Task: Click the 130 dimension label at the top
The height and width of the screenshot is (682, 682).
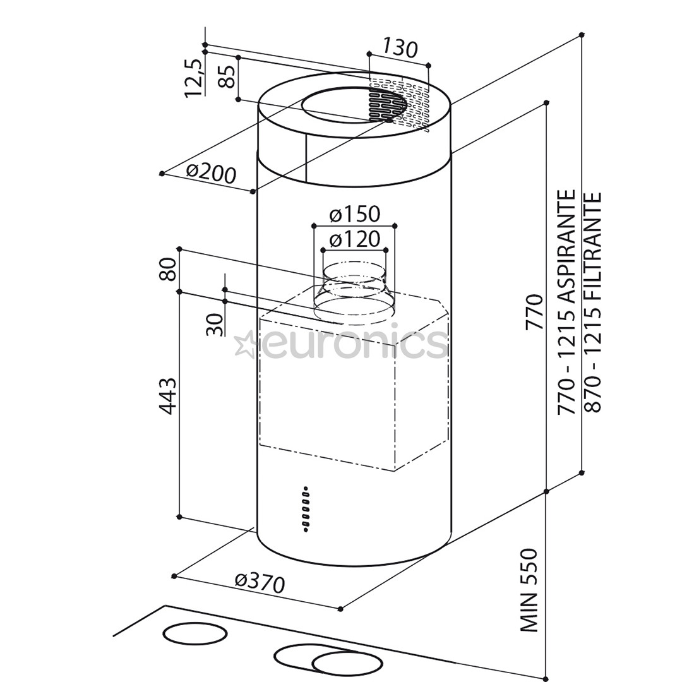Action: pyautogui.click(x=400, y=48)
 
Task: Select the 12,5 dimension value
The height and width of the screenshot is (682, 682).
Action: pyautogui.click(x=194, y=77)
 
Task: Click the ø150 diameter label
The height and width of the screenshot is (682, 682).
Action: pyautogui.click(x=354, y=215)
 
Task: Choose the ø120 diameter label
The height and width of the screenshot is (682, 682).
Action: pyautogui.click(x=354, y=239)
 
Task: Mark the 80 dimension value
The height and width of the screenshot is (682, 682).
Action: pyautogui.click(x=169, y=269)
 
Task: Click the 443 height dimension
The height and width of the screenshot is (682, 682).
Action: pyautogui.click(x=167, y=395)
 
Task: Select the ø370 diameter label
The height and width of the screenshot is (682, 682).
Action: pyautogui.click(x=260, y=582)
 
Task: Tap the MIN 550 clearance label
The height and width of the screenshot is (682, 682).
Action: pyautogui.click(x=529, y=590)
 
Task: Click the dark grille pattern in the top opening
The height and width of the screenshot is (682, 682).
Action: pyautogui.click(x=386, y=105)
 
